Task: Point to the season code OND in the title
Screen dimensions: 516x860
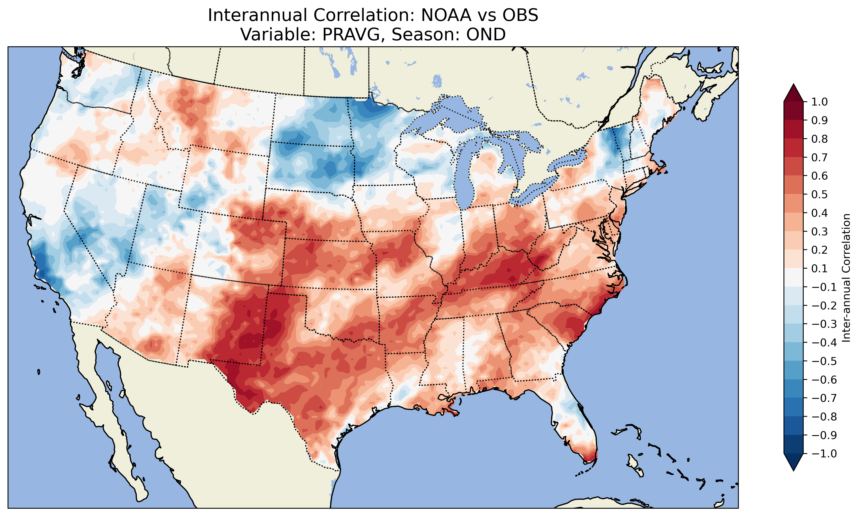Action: tap(486, 34)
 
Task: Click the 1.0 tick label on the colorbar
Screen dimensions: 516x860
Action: tap(819, 102)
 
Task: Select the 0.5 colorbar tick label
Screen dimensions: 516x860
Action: tap(819, 194)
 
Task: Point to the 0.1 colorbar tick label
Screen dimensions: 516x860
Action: tap(819, 268)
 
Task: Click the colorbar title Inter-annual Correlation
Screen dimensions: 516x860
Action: tap(846, 278)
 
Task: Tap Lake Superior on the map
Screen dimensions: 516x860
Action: tap(448, 113)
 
